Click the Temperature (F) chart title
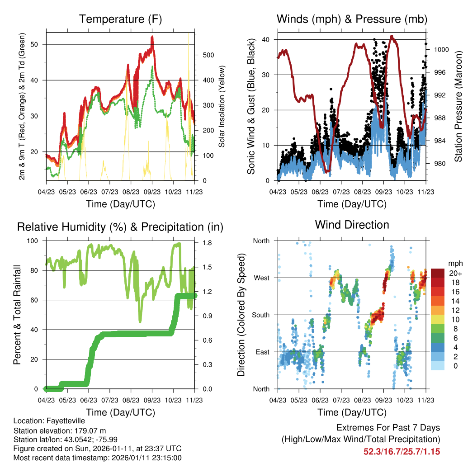click(x=120, y=19)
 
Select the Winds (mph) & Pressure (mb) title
click(x=352, y=19)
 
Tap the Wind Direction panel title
click(x=352, y=225)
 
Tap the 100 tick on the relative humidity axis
click(x=36, y=241)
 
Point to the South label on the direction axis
click(x=260, y=315)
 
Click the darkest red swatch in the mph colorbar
click(x=437, y=273)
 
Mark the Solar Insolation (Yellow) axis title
click(x=222, y=107)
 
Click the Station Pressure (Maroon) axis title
click(x=458, y=107)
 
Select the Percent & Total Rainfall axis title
click(x=17, y=315)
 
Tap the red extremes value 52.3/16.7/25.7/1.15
click(x=402, y=451)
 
